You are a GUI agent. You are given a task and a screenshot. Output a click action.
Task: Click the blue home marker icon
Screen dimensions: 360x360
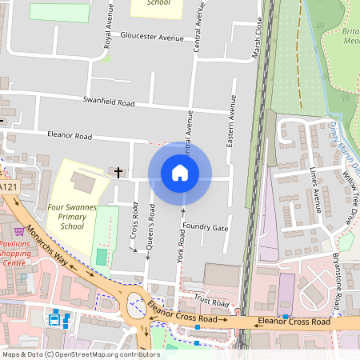180,172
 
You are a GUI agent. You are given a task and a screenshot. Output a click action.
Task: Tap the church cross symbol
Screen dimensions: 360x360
119,172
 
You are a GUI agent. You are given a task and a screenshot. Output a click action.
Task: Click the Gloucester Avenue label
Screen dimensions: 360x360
152,36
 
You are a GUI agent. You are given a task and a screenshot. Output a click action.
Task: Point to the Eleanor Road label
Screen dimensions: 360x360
70,136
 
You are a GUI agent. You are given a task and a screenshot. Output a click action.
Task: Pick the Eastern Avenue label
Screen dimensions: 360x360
233,119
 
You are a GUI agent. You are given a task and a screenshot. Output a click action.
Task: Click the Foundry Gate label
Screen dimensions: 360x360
205,228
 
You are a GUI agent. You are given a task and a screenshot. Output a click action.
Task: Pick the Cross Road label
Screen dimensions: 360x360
134,226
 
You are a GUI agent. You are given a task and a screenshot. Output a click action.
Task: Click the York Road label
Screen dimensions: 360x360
181,248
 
